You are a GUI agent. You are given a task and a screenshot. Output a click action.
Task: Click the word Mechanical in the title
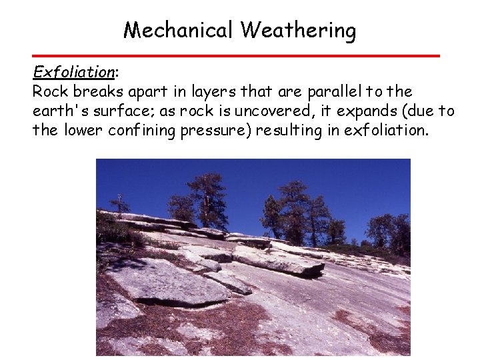click(x=179, y=30)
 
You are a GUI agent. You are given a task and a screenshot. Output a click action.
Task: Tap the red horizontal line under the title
click(x=237, y=55)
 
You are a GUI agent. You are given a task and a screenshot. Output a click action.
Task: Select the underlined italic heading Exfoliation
click(x=74, y=72)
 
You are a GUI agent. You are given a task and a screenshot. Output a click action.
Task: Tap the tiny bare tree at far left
click(x=120, y=203)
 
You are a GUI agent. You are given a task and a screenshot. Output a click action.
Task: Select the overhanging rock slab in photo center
click(x=280, y=261)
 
